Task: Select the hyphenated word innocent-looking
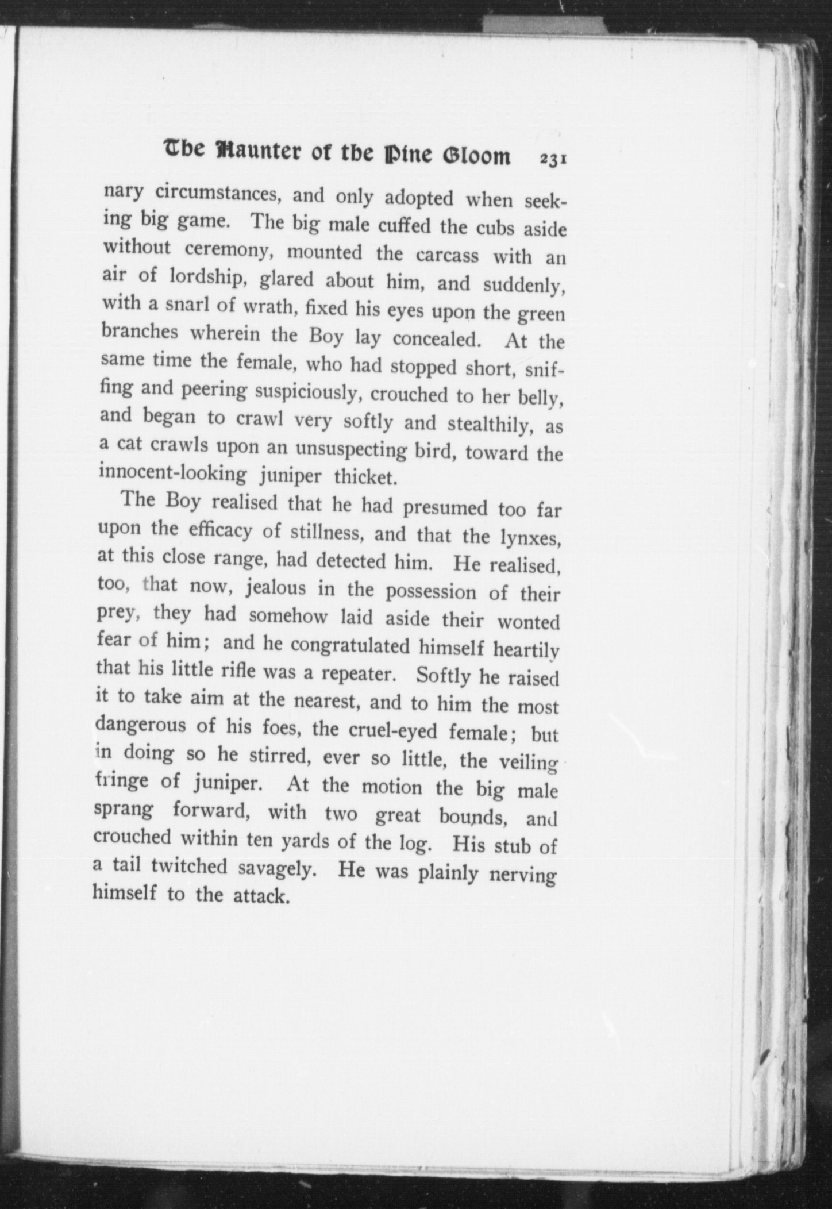(x=173, y=473)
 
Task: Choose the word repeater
(x=358, y=673)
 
